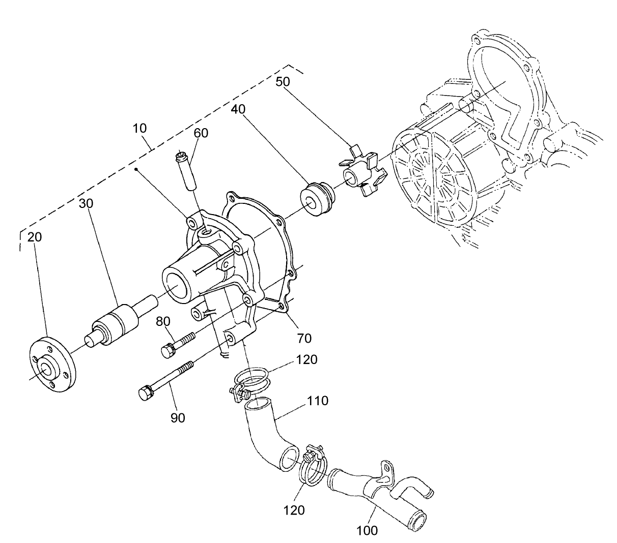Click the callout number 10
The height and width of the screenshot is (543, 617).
140,129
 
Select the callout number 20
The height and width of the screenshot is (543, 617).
35,237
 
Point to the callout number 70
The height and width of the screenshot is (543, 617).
305,337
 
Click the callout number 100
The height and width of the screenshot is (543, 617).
367,530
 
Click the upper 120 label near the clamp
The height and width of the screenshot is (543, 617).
306,360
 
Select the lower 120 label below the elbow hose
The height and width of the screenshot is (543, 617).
295,510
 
